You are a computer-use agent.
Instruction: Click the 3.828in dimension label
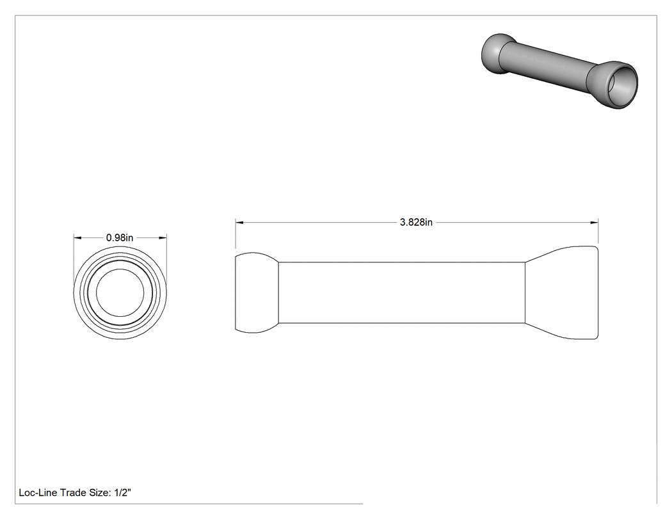click(x=416, y=222)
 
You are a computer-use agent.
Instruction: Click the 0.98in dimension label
click(x=120, y=237)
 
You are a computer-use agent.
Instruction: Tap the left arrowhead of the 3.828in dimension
click(x=239, y=223)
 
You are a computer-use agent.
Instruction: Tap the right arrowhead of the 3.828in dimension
click(x=594, y=223)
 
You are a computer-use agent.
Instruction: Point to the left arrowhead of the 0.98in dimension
click(x=77, y=238)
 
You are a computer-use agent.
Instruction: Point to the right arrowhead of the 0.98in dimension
click(x=163, y=238)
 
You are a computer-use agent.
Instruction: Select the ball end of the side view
click(x=256, y=292)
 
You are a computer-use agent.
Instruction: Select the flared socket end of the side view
click(x=561, y=292)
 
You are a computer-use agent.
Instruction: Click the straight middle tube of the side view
click(x=401, y=292)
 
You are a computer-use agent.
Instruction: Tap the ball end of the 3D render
click(x=498, y=54)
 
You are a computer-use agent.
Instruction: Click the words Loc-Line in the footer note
click(x=38, y=492)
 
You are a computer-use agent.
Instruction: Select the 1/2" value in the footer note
click(x=123, y=492)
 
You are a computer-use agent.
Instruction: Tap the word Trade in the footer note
click(x=72, y=492)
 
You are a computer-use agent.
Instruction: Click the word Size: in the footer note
click(x=100, y=493)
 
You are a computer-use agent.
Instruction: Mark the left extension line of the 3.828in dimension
click(x=236, y=234)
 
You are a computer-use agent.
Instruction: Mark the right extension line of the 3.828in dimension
click(x=598, y=232)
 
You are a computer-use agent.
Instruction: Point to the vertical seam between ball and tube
click(x=278, y=292)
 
